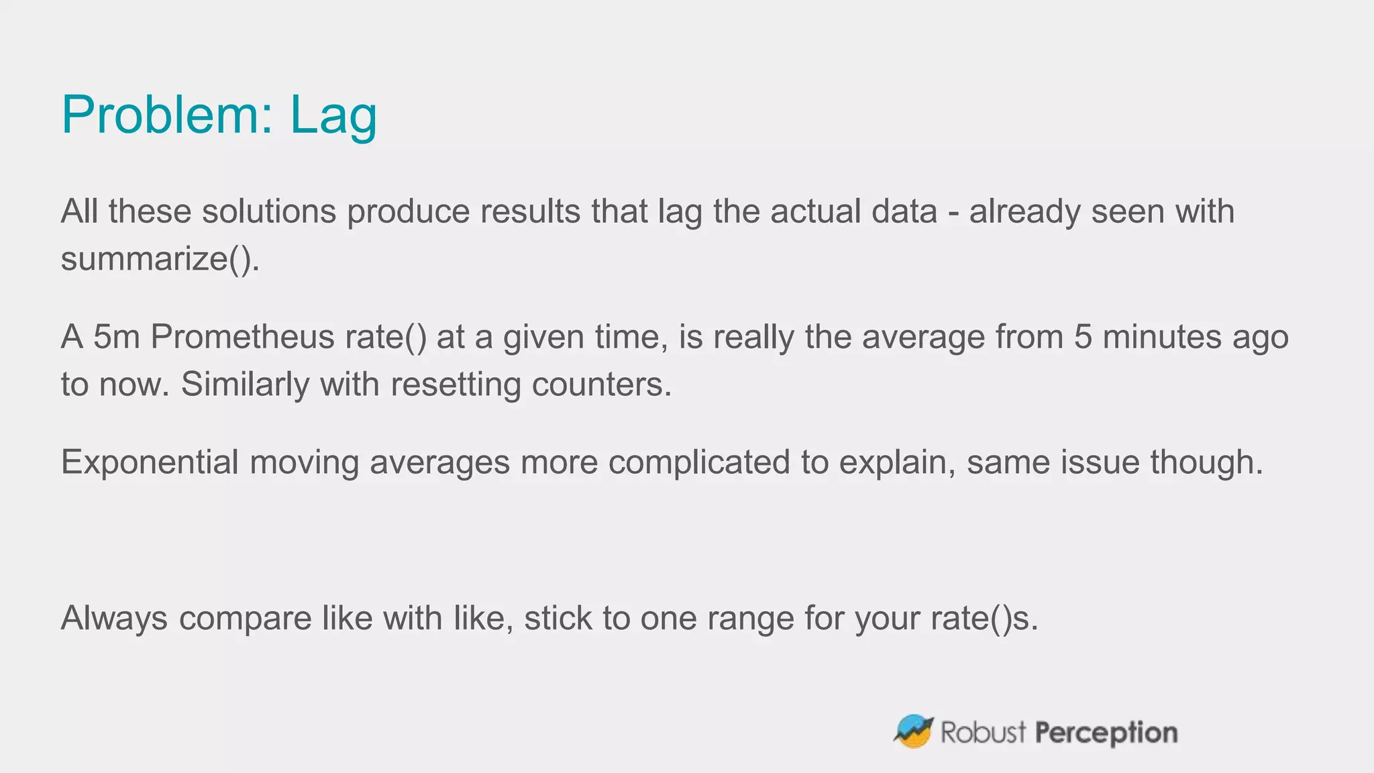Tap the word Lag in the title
point(333,116)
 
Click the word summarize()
point(160,258)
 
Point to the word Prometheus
point(242,337)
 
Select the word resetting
point(456,384)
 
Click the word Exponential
point(150,462)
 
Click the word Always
point(114,618)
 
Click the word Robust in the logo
point(983,732)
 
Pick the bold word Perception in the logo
point(1106,733)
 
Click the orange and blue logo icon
point(913,731)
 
